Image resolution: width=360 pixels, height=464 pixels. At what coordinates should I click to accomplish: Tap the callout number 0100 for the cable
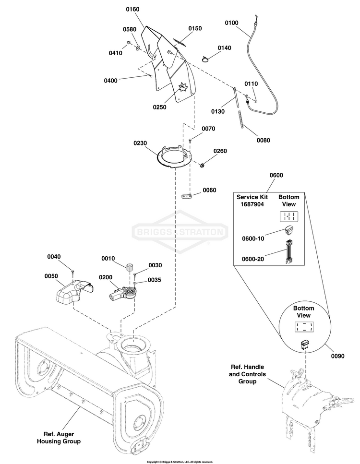231,23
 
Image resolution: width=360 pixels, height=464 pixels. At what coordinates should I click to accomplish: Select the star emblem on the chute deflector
182,88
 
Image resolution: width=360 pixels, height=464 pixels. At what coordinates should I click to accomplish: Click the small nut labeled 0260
203,166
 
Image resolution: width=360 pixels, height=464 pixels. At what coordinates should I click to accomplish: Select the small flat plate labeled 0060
187,196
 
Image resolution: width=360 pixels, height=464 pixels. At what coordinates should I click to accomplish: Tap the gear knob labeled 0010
129,268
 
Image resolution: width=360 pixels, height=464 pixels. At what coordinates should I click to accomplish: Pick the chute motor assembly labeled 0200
122,294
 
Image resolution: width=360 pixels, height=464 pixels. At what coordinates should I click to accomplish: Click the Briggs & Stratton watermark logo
180,233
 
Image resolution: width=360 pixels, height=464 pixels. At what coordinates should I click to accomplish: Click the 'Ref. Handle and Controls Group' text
248,374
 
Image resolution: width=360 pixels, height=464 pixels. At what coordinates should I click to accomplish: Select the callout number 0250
159,107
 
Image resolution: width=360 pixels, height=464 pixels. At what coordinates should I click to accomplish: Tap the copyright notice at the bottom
180,462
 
